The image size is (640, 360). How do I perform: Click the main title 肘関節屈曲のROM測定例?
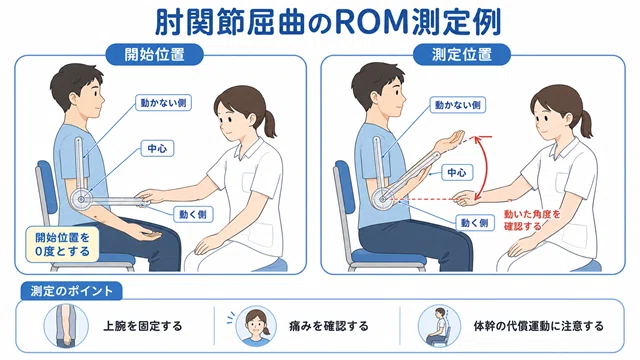[328, 22]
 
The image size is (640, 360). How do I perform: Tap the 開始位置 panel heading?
[154, 54]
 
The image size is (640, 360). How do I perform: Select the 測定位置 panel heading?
[462, 54]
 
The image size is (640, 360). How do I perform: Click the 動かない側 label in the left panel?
[163, 103]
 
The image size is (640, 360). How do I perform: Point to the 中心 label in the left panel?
[157, 148]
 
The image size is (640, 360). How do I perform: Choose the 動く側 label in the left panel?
[193, 214]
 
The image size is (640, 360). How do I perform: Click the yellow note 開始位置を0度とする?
[62, 244]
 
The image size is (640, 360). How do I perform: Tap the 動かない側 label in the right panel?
[458, 105]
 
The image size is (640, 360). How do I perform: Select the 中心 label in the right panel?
[457, 173]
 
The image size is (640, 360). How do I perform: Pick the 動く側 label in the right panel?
[475, 223]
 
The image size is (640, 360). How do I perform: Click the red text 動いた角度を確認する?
[532, 220]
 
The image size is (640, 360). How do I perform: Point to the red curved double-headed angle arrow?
[485, 167]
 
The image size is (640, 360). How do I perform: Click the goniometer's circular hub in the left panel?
[82, 200]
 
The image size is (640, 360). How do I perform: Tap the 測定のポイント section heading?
[71, 291]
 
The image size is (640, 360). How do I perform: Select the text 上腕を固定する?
[142, 326]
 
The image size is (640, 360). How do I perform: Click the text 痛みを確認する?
[329, 326]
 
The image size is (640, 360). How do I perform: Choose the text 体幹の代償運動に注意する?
[538, 326]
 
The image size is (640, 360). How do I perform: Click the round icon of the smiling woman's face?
[256, 326]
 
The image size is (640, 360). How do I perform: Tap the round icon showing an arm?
[66, 326]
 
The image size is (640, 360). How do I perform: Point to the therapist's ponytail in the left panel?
[269, 122]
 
